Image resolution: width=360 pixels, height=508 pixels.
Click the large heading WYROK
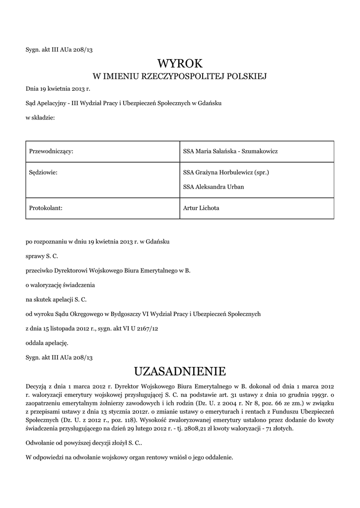pyautogui.click(x=180, y=63)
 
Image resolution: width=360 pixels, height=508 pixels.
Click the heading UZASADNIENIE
pyautogui.click(x=180, y=371)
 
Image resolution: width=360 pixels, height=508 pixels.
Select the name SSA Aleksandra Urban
pyautogui.click(x=214, y=187)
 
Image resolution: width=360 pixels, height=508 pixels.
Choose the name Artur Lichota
pyautogui.click(x=201, y=208)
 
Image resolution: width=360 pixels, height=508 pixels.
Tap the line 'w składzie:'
pyautogui.click(x=40, y=118)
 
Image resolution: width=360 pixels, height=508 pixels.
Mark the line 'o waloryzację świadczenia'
pyautogui.click(x=60, y=285)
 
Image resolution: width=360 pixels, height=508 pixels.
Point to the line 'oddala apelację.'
pyautogui.click(x=47, y=342)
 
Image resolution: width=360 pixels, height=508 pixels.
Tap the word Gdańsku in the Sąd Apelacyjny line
pyautogui.click(x=210, y=103)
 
